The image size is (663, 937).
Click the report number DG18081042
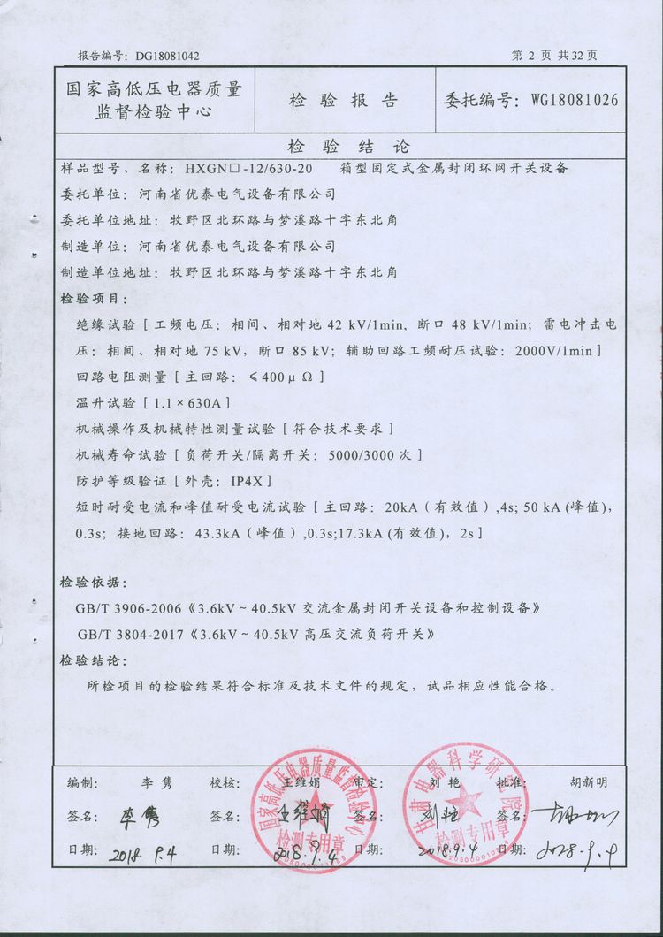(x=168, y=55)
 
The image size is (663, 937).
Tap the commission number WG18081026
(x=574, y=99)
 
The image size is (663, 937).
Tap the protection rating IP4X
(x=243, y=481)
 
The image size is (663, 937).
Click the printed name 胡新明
(x=590, y=783)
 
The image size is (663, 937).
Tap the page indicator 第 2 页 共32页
(x=555, y=55)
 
